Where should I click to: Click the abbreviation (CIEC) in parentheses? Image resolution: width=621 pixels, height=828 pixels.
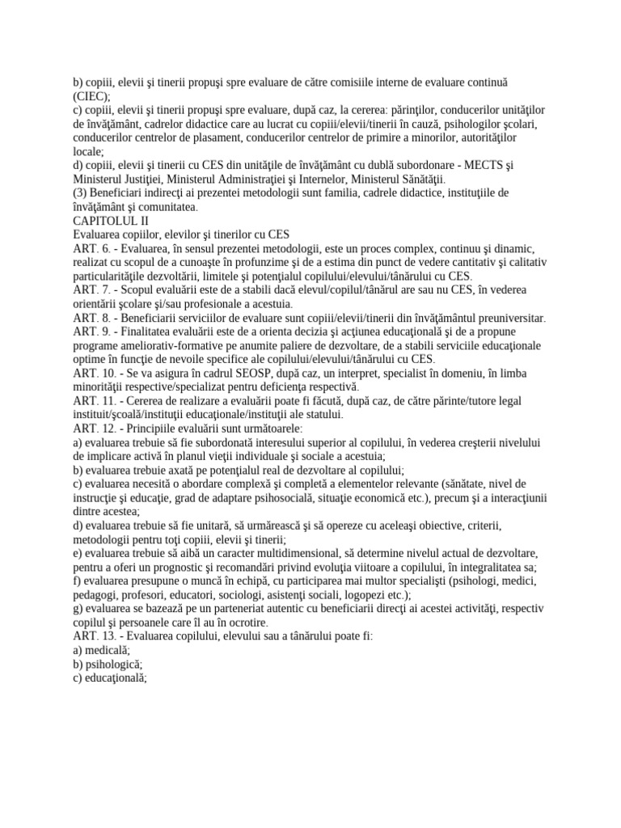pyautogui.click(x=69, y=95)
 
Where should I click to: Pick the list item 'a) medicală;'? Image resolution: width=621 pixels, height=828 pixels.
pyautogui.click(x=91, y=649)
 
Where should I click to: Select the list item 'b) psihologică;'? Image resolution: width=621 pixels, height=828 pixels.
pyautogui.click(x=96, y=664)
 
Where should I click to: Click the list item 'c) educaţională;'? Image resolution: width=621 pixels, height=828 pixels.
pyautogui.click(x=99, y=678)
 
